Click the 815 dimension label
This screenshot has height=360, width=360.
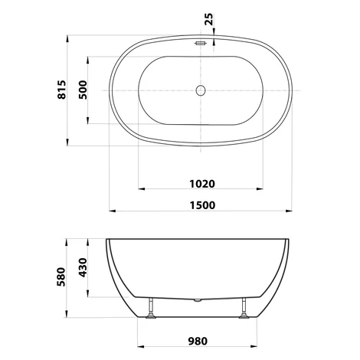pos(61,90)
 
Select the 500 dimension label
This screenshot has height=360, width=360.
pos(83,90)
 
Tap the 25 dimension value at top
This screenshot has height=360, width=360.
pos(208,19)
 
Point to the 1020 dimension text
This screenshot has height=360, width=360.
pos(202,184)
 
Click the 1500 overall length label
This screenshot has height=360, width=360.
pos(202,205)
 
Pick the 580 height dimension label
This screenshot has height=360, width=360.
pos(61,277)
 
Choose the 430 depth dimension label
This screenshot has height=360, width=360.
pos(83,268)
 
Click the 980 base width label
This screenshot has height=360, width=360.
pos(198,341)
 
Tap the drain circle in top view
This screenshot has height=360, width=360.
pos(201,90)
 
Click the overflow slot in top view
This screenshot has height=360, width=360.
pos(201,43)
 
